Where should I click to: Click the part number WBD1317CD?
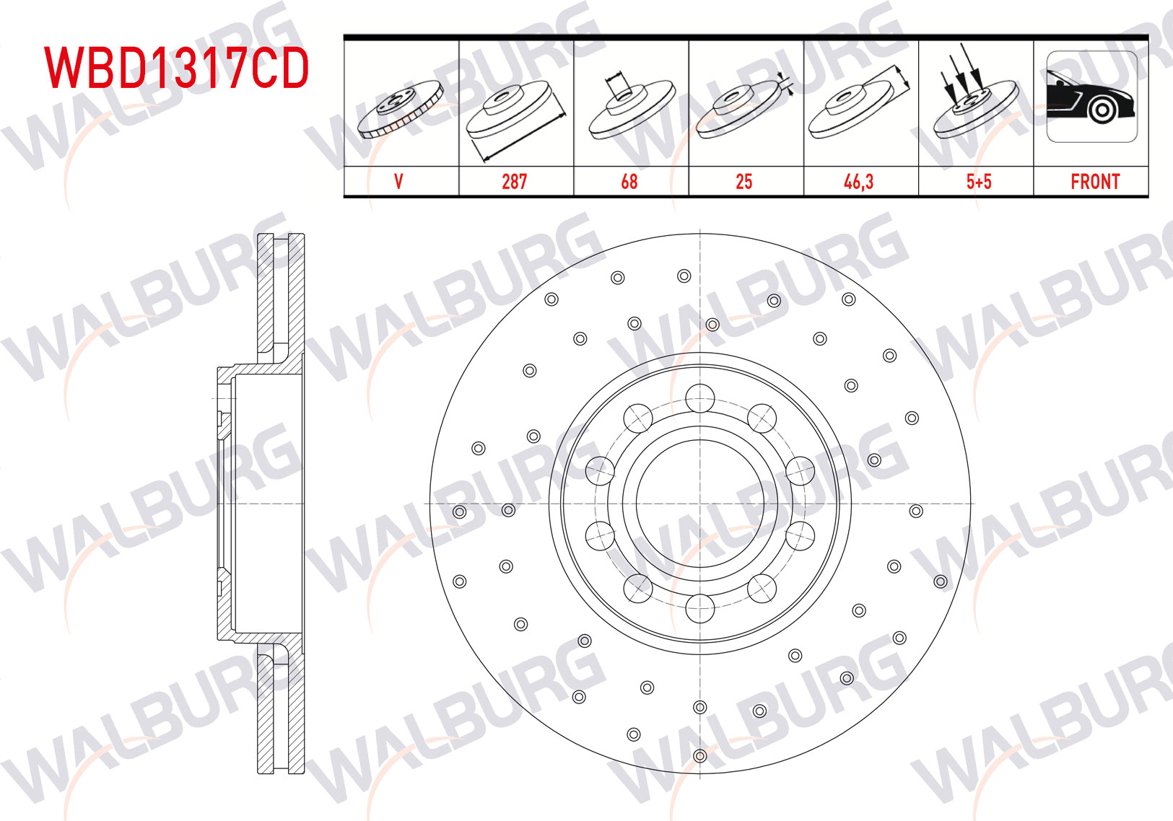tap(176, 68)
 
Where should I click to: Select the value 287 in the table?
tap(514, 182)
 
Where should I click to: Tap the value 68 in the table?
tap(629, 182)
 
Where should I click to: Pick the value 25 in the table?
tap(744, 182)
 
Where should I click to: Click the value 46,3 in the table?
tap(858, 182)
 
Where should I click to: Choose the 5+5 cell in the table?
tap(979, 182)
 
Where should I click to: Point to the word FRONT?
tap(1095, 182)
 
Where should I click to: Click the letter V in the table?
tap(398, 182)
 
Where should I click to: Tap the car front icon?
tap(1092, 97)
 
